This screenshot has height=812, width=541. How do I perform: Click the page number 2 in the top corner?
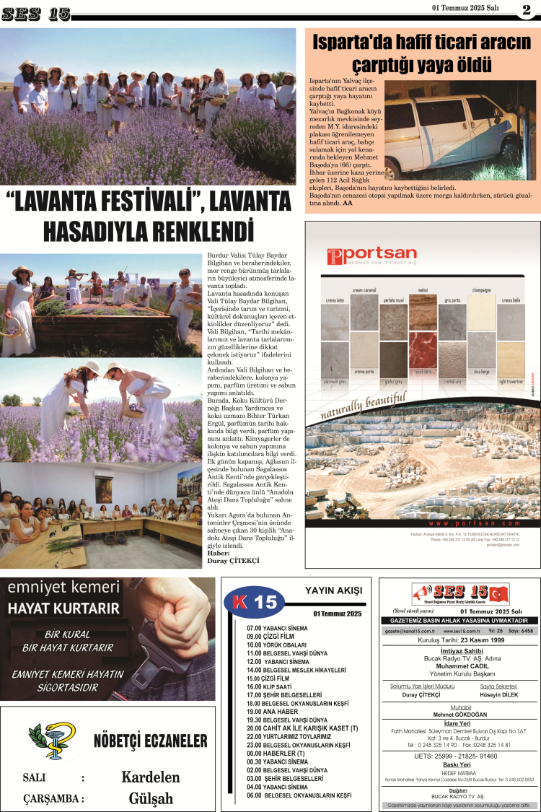click(526, 9)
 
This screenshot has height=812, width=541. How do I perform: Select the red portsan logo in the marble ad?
click(372, 256)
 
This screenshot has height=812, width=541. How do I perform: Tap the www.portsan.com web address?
click(473, 523)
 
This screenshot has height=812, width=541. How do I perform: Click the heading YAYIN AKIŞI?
click(333, 590)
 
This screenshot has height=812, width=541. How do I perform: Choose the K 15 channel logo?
click(255, 602)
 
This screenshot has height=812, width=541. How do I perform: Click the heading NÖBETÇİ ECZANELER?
click(150, 741)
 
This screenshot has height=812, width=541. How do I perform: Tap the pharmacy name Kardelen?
click(150, 777)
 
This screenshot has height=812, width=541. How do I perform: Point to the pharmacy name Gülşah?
click(151, 798)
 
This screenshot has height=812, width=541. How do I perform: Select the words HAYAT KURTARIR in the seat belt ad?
click(55, 608)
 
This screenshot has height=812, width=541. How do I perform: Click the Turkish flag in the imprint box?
click(498, 593)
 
